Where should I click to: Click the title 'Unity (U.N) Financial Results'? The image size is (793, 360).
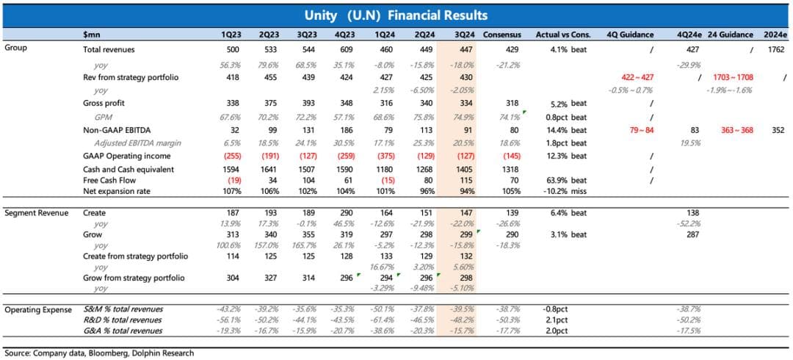396,15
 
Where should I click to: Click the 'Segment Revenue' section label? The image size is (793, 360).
36,213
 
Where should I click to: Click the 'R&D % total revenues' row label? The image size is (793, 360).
123,320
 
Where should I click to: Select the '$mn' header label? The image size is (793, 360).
92,35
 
